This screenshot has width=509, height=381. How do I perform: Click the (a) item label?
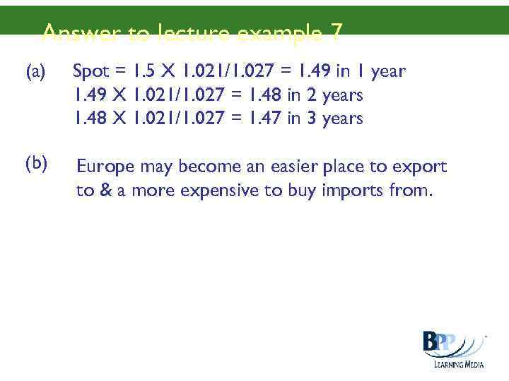35,72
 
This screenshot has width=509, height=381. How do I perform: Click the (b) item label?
36,164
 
